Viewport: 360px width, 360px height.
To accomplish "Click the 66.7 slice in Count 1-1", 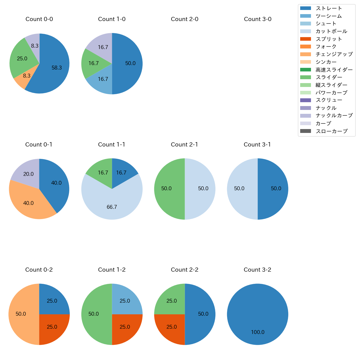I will coord(112,205).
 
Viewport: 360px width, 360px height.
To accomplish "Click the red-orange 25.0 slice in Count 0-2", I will coord(53,328).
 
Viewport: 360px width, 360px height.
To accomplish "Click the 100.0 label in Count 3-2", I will coord(258,332).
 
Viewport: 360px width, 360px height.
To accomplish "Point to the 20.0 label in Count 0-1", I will coord(29,174).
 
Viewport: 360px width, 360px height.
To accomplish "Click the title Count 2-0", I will coord(184,19).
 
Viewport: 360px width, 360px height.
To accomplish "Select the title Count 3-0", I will coord(258,19).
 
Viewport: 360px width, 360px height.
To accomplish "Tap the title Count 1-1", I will coord(112,145).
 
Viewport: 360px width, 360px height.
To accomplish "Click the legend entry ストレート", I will coord(329,8).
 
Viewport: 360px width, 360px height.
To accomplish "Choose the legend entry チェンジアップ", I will coord(334,54).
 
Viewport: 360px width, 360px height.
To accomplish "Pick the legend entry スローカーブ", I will coord(331,131).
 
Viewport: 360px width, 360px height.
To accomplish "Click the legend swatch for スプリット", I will coord(305,39).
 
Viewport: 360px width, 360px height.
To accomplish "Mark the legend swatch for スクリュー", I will coord(305,100).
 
